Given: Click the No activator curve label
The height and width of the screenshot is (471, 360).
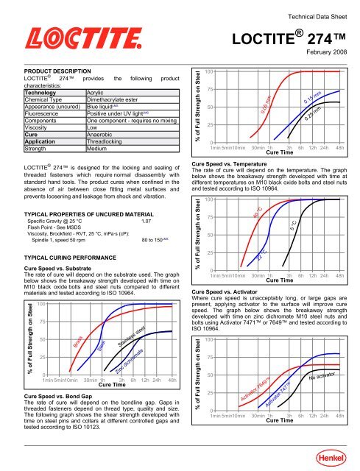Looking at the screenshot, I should click(322, 377).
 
